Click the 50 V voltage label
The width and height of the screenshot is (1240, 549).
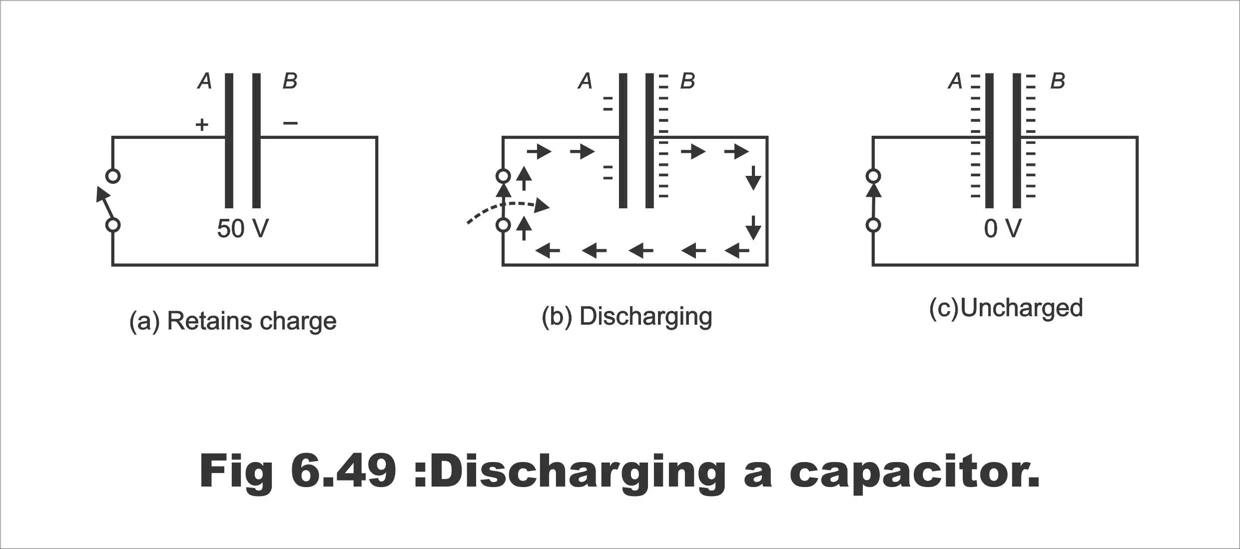point(243,229)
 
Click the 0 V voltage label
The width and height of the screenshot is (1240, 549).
point(1003,229)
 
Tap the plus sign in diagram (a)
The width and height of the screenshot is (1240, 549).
point(202,124)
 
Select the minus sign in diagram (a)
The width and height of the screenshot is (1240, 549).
point(290,122)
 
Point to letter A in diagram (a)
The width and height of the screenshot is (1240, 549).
point(205,81)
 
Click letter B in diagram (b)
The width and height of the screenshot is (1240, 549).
point(687,81)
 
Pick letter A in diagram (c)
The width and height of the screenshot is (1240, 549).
point(955,81)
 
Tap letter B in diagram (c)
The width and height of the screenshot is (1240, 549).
point(1058,81)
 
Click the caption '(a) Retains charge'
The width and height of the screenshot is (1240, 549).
point(233,321)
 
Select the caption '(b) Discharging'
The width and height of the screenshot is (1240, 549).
point(627,317)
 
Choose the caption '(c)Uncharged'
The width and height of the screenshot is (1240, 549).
point(1006,308)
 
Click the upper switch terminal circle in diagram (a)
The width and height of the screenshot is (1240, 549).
point(113,176)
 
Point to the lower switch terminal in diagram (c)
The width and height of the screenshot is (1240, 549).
point(873,225)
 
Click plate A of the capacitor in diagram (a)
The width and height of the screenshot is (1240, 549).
point(229,140)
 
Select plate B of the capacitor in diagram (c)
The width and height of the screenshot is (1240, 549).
point(1017,140)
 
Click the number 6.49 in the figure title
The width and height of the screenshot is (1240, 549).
point(343,471)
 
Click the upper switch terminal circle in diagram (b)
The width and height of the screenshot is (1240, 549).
point(503,176)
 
